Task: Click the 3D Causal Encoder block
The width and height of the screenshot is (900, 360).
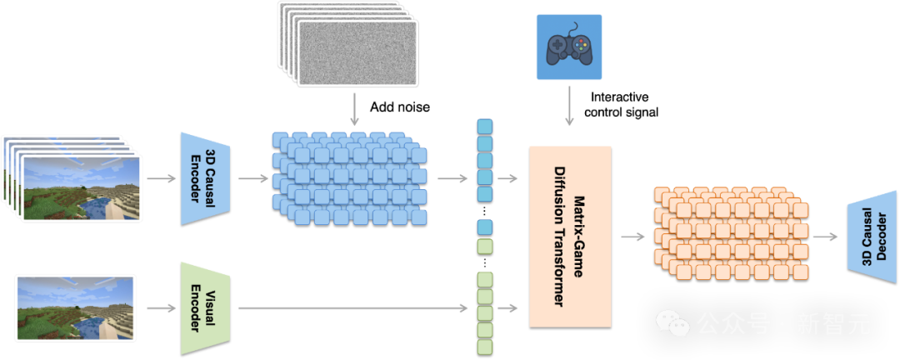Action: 206,178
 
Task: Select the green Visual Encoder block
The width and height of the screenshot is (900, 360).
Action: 206,309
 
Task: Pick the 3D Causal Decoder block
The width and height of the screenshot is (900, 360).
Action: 872,237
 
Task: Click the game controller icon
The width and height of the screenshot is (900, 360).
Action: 569,47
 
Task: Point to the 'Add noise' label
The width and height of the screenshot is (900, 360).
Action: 400,107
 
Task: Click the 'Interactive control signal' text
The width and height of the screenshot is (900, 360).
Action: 621,104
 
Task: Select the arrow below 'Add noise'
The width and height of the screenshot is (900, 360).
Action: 354,110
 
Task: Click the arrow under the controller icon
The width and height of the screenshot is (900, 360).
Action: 569,106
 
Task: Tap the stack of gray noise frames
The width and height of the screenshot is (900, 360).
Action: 348,43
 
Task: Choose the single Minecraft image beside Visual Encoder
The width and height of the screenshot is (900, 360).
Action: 75,308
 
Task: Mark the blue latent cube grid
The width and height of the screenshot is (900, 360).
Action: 349,178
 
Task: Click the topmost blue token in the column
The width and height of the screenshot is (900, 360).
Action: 485,127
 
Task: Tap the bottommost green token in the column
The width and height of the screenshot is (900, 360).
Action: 485,347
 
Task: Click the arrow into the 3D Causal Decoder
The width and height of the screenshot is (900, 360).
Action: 827,236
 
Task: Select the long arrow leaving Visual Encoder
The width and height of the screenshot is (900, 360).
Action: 352,309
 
